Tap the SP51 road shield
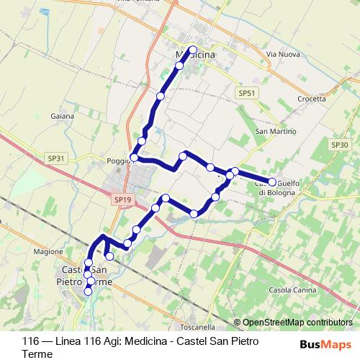pyautogui.click(x=246, y=94)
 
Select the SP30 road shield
pyautogui.click(x=340, y=145)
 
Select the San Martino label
pyautogui.click(x=271, y=131)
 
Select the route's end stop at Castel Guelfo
pyautogui.click(x=272, y=182)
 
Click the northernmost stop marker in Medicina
pyautogui.click(x=192, y=50)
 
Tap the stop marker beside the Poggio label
pyautogui.click(x=134, y=157)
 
